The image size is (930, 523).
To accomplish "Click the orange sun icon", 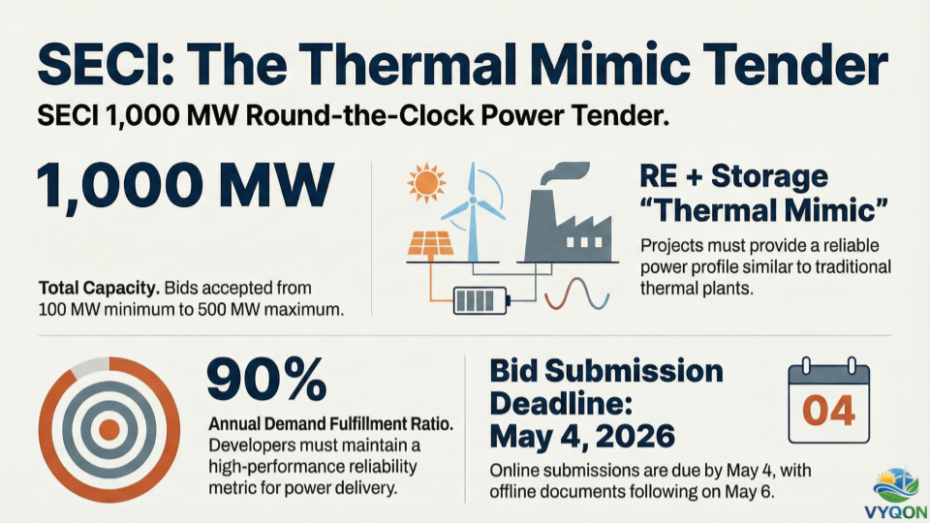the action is tap(426, 183).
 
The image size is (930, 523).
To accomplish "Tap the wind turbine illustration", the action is tap(473, 212).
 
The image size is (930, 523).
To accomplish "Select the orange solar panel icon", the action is tap(430, 245).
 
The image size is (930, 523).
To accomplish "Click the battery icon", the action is tap(481, 300).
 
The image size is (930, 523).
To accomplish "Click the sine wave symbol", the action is tap(577, 293).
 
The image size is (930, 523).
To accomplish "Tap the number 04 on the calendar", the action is tap(828, 411).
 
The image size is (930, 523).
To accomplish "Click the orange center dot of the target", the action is tap(109, 430).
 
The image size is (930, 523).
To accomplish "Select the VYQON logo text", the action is tap(895, 512).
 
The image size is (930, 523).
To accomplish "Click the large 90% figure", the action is tap(267, 380).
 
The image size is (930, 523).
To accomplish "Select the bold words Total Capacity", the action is tap(99, 289).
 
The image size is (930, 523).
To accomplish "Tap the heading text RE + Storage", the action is tap(733, 176).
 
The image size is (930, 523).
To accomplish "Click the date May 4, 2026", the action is tap(582, 437).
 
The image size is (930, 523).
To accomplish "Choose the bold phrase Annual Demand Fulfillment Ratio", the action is tap(331, 424).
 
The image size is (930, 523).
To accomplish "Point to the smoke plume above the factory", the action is tap(564, 172).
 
